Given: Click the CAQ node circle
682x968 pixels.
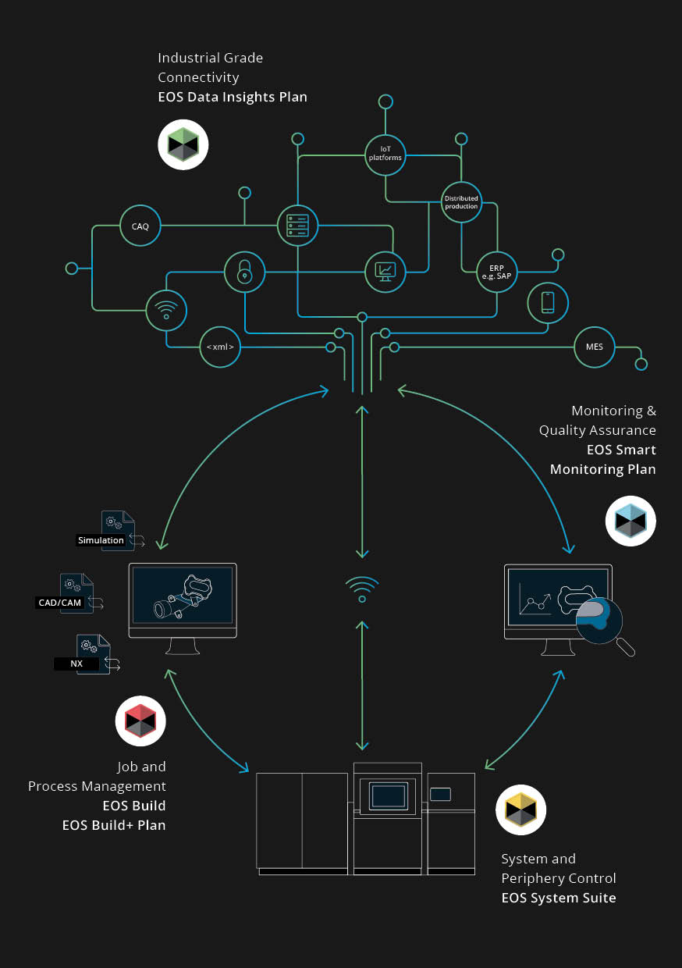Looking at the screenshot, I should tap(140, 227).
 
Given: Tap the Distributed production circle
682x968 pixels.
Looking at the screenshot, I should tap(461, 202).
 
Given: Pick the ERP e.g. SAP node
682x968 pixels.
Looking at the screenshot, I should tap(496, 272).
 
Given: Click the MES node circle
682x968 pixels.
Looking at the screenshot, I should tap(595, 347).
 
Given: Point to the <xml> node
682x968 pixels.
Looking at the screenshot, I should tap(220, 347).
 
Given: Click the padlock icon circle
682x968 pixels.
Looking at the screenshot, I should tap(245, 272).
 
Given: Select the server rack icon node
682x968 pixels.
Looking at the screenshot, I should tap(297, 226).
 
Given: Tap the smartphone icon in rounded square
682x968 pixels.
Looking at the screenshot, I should tap(548, 302).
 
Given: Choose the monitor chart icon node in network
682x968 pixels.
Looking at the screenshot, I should tap(385, 272).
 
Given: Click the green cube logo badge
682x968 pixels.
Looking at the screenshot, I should tap(183, 144).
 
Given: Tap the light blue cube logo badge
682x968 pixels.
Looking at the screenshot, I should tap(630, 521).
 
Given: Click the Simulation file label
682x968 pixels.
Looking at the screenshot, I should tap(101, 540).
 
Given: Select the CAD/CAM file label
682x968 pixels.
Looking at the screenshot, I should tap(60, 603).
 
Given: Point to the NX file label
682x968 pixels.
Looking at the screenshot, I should tap(76, 664).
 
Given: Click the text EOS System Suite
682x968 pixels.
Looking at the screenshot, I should tap(558, 898).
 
